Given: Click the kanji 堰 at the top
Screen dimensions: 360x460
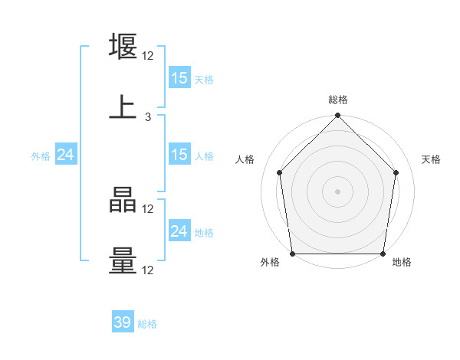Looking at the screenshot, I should click(123, 47).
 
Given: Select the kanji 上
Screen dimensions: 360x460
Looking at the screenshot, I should click(123, 107).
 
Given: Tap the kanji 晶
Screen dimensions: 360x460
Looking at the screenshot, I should click(123, 201).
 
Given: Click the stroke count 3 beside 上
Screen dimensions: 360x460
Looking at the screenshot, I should click(148, 117).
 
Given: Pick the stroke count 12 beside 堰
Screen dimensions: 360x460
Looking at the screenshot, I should click(148, 56).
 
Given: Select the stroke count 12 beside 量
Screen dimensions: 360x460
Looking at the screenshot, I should click(148, 270).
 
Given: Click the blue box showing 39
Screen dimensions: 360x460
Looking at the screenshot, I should click(123, 322).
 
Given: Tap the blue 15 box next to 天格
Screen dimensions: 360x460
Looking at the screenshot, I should click(179, 78).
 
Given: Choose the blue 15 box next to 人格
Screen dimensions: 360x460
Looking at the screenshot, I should click(179, 155).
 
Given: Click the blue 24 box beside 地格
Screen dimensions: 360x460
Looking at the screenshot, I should click(179, 231).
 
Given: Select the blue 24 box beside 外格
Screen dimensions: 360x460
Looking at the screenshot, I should click(66, 155).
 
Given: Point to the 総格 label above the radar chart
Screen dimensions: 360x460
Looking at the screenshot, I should click(338, 100).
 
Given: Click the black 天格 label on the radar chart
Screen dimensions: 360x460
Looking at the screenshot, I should click(431, 159).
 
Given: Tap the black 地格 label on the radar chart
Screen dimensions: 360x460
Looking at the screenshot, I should click(402, 263).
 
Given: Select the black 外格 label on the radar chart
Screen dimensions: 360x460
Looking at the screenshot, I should click(270, 263).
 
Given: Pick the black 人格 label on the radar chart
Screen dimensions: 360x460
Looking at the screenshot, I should click(245, 159).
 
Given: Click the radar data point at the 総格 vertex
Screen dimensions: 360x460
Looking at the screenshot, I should click(338, 116).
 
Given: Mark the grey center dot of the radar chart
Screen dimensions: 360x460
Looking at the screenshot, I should click(338, 191).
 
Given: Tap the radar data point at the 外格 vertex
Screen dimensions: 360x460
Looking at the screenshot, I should click(292, 254).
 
